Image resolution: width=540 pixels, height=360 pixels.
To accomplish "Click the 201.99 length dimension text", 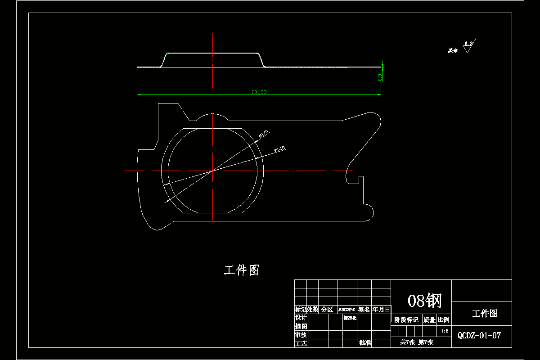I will [x=259, y=92].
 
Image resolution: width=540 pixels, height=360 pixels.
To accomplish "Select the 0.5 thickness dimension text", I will [x=380, y=77].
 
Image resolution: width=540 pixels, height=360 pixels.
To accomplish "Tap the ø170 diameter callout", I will [x=264, y=133].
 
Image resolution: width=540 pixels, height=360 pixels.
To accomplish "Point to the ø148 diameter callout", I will [x=279, y=149].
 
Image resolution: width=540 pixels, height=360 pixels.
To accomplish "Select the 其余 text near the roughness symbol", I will [x=453, y=50].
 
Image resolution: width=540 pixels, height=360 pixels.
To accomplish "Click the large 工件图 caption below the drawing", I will [x=242, y=270].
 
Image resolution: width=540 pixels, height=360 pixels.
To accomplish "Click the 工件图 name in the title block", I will [x=485, y=314].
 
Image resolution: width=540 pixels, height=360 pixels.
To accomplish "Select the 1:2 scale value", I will [x=444, y=331].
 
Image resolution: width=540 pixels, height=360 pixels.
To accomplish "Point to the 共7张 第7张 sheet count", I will [x=417, y=342].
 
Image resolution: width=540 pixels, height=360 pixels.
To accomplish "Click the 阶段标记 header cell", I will [x=406, y=320].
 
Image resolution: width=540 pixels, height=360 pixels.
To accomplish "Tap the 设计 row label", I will [x=301, y=318].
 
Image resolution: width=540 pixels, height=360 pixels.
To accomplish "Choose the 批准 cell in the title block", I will [x=365, y=343].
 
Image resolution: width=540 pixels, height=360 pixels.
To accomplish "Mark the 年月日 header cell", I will [x=381, y=310].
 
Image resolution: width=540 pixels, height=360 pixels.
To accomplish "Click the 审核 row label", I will [x=301, y=335].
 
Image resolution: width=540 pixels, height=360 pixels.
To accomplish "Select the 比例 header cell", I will [x=443, y=320].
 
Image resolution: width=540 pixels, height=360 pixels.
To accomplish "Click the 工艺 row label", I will [x=301, y=343].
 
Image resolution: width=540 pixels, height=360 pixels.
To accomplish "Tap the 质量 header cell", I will [x=429, y=320].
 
